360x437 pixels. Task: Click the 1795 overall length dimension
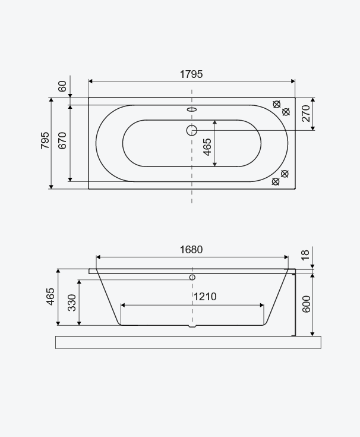click(x=191, y=74)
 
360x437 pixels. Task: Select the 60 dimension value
click(x=62, y=86)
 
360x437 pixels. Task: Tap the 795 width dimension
click(x=45, y=140)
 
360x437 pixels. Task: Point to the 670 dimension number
click(x=62, y=140)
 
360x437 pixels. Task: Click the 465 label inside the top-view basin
click(x=207, y=147)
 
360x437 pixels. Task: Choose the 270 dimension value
click(x=306, y=114)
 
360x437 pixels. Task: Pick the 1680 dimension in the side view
click(x=191, y=250)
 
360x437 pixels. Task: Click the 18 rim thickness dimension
click(x=305, y=255)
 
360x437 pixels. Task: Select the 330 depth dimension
click(x=72, y=303)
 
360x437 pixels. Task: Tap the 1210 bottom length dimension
click(x=205, y=297)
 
